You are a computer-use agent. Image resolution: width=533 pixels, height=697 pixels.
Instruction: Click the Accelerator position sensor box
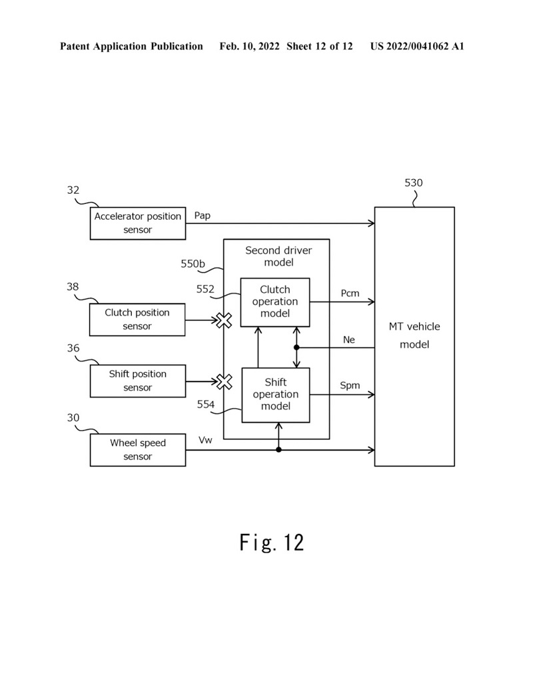pyautogui.click(x=138, y=223)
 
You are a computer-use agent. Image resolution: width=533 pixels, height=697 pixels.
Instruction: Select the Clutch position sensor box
pyautogui.click(x=138, y=320)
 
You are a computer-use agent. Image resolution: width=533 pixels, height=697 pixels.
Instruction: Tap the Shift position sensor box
pyautogui.click(x=138, y=381)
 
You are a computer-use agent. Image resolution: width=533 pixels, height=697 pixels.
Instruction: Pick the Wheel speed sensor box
pyautogui.click(x=138, y=450)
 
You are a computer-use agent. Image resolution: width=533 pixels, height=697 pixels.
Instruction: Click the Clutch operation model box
pyautogui.click(x=275, y=302)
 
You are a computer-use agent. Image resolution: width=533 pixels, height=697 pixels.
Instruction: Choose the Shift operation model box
pyautogui.click(x=275, y=394)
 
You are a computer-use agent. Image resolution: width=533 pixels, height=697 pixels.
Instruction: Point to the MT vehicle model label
pyautogui.click(x=414, y=336)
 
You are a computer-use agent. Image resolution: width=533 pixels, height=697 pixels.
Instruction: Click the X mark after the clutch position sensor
pyautogui.click(x=224, y=320)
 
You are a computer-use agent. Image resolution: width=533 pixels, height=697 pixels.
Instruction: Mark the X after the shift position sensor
pyautogui.click(x=225, y=381)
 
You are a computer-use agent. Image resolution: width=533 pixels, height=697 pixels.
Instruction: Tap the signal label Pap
pyautogui.click(x=203, y=216)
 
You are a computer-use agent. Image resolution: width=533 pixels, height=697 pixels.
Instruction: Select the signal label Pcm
pyautogui.click(x=350, y=294)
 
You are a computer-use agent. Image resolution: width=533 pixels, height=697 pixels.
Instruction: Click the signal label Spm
pyautogui.click(x=350, y=385)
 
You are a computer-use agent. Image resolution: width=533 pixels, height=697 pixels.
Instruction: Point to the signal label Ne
pyautogui.click(x=349, y=340)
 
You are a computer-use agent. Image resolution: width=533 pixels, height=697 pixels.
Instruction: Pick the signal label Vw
pyautogui.click(x=205, y=441)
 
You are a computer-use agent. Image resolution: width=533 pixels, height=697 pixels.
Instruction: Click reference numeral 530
pyautogui.click(x=413, y=183)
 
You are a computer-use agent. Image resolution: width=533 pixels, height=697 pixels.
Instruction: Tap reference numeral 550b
pyautogui.click(x=193, y=264)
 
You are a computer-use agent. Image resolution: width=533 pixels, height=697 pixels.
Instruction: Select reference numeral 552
pyautogui.click(x=205, y=289)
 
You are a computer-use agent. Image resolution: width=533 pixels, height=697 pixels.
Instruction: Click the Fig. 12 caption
pyautogui.click(x=272, y=543)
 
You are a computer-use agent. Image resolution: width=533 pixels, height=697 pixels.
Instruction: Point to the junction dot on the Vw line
pyautogui.click(x=278, y=450)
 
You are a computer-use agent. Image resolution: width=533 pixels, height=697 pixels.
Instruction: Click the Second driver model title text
pyautogui.click(x=278, y=256)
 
